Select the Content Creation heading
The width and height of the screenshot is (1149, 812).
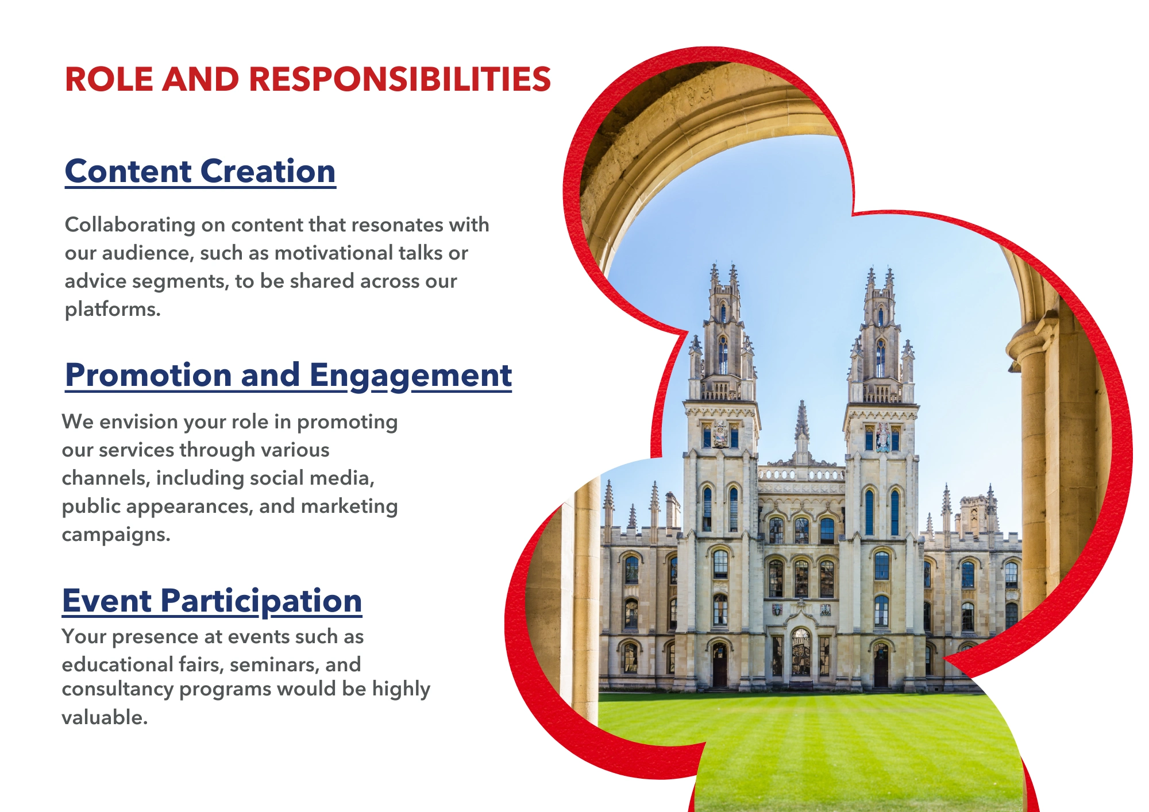201,171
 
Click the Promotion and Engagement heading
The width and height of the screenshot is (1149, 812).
288,376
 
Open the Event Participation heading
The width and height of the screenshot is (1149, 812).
212,602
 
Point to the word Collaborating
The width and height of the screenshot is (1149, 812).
130,225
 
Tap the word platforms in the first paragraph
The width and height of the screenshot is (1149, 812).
113,310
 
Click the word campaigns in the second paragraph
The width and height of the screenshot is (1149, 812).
116,535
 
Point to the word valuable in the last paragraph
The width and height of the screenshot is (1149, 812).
105,718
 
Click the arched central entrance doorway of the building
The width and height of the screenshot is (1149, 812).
801,652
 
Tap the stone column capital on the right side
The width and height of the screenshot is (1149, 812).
1032,342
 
